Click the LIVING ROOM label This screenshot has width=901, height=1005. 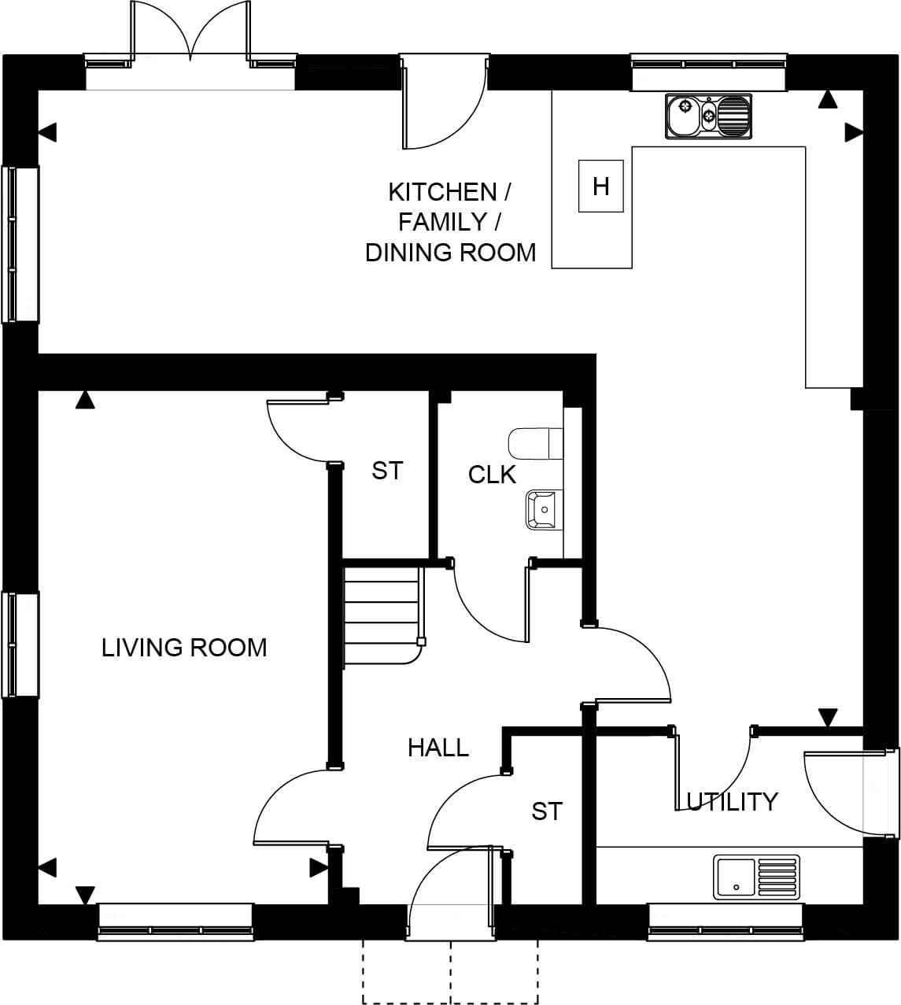(x=184, y=648)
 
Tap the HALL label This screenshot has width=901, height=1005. (x=438, y=748)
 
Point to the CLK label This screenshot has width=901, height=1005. (x=492, y=475)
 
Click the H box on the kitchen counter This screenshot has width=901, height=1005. (x=601, y=186)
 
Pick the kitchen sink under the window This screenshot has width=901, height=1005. (x=708, y=116)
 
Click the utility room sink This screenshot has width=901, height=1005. (x=757, y=878)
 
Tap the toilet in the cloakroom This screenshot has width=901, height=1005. (x=536, y=443)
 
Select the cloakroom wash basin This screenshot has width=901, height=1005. (x=545, y=510)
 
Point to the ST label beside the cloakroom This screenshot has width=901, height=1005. (x=387, y=471)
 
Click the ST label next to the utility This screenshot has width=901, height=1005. (x=547, y=811)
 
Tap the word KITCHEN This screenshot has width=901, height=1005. (x=442, y=192)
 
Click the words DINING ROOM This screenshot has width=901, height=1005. (x=450, y=253)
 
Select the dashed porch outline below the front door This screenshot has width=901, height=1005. (x=450, y=972)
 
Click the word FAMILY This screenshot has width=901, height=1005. (x=442, y=222)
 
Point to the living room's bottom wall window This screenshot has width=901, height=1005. (x=175, y=922)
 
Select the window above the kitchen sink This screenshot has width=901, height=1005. (x=708, y=72)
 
